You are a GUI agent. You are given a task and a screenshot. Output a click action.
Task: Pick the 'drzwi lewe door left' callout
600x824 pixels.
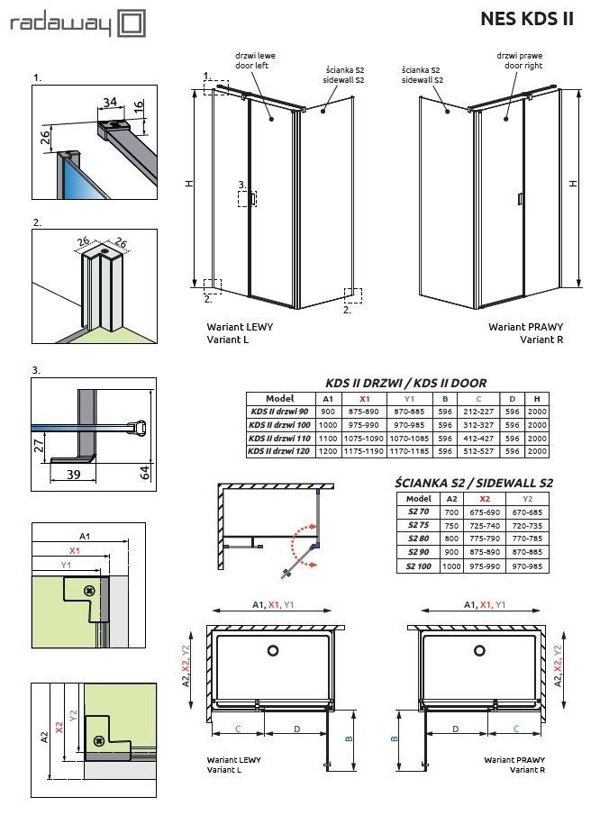(x=256, y=60)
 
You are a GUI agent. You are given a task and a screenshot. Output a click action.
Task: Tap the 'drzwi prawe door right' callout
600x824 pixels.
(x=518, y=60)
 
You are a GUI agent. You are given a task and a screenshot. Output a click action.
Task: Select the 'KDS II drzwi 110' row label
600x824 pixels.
(x=279, y=438)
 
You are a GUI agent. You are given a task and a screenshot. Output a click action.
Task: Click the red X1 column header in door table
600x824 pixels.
(x=364, y=399)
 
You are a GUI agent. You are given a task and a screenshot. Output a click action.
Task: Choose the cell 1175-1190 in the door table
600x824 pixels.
(x=364, y=450)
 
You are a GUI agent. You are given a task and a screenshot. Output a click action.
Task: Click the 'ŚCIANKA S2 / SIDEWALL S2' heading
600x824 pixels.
(x=474, y=483)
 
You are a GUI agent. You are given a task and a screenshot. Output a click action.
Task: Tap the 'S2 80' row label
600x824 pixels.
(x=418, y=539)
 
